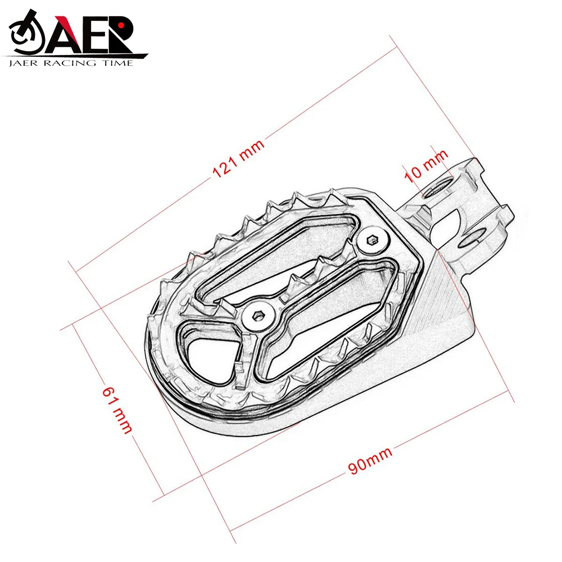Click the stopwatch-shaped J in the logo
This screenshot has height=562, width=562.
26,34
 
